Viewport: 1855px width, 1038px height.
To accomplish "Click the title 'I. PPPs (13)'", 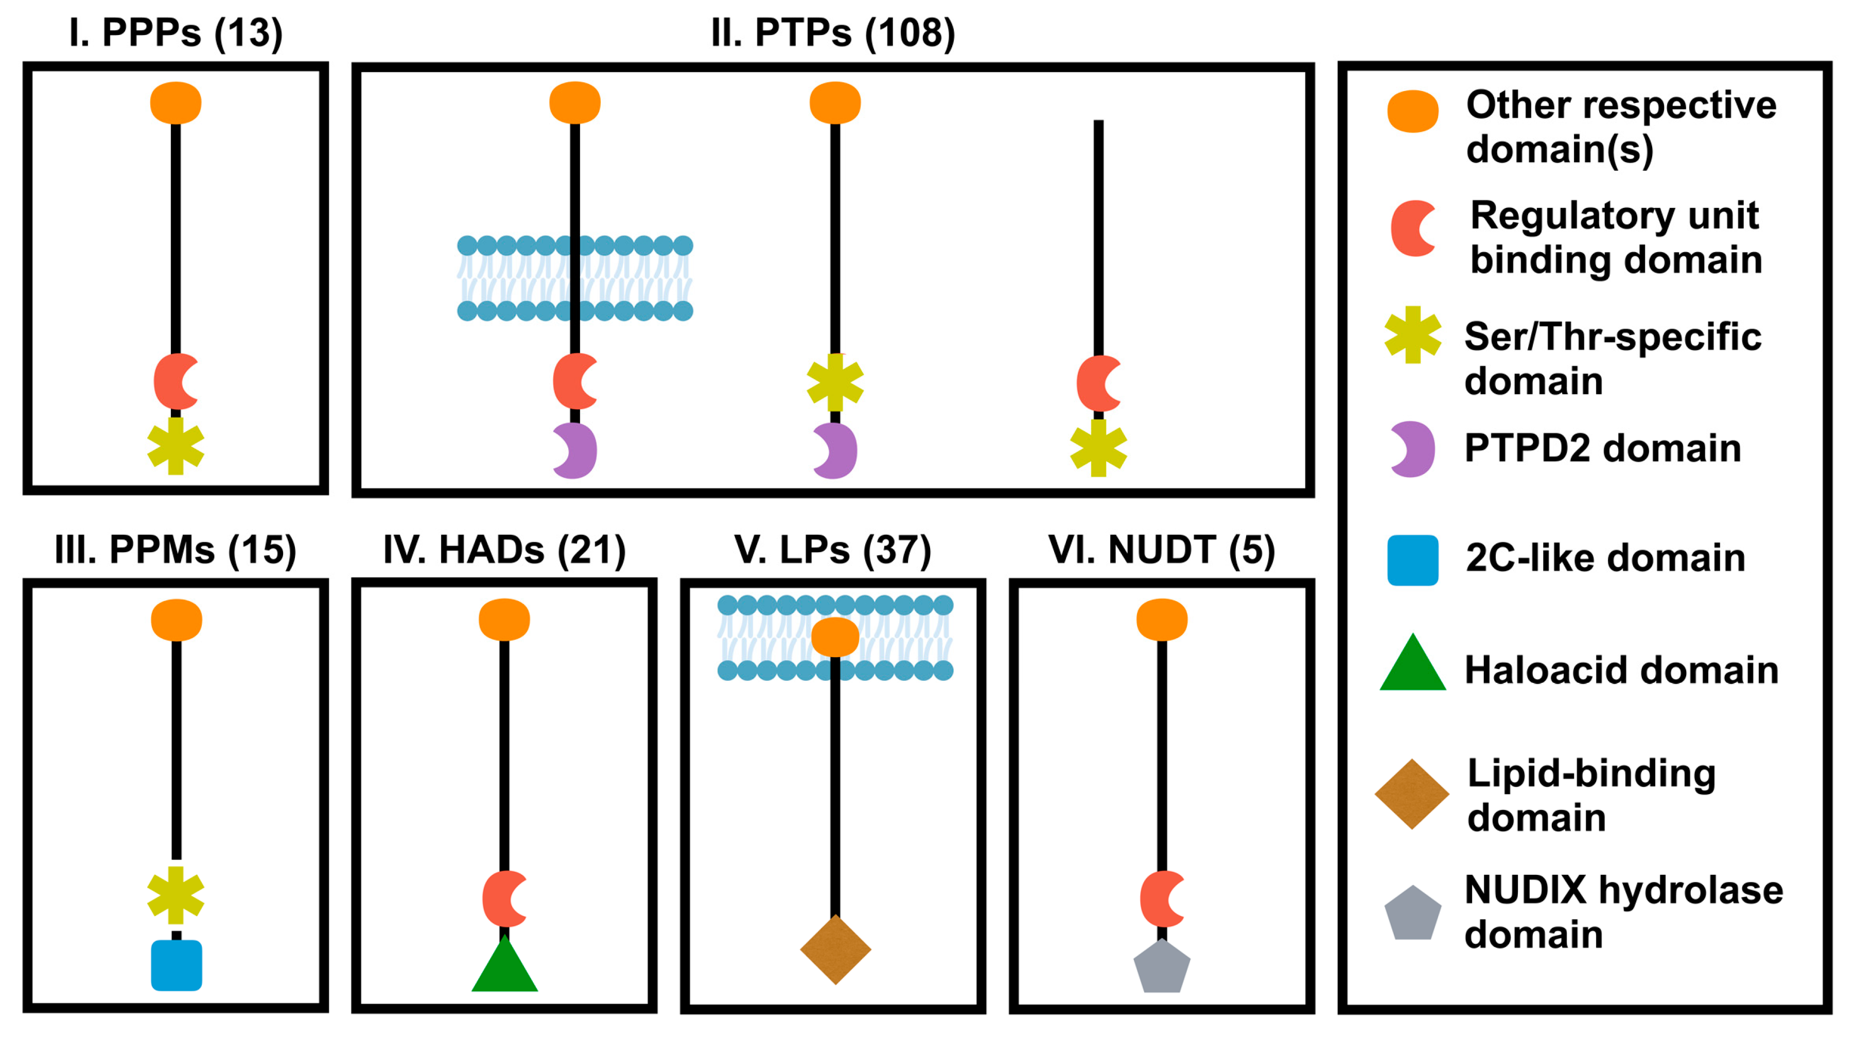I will pyautogui.click(x=176, y=33).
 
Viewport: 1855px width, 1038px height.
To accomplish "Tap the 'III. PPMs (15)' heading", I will pyautogui.click(x=176, y=550).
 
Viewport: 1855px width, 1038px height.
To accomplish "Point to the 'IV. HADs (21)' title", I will pyautogui.click(x=504, y=550).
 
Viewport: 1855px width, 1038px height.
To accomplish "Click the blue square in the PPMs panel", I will pyautogui.click(x=177, y=965).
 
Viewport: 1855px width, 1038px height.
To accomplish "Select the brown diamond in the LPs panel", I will pyautogui.click(x=835, y=949).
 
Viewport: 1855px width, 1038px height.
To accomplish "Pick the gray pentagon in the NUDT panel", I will pyautogui.click(x=1162, y=967).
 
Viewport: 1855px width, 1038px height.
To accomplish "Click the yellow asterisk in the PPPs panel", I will pyautogui.click(x=176, y=446).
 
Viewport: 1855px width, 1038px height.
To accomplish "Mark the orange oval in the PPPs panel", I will pyautogui.click(x=176, y=103).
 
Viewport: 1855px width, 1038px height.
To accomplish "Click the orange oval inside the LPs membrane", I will pyautogui.click(x=835, y=637).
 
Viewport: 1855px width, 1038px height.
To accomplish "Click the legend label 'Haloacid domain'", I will pyautogui.click(x=1622, y=670).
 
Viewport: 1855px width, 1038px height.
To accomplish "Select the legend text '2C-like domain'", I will pyautogui.click(x=1605, y=558).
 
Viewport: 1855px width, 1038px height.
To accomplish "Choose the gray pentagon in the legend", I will pyautogui.click(x=1413, y=913).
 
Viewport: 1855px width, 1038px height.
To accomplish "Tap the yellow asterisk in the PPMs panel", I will pyautogui.click(x=176, y=895).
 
